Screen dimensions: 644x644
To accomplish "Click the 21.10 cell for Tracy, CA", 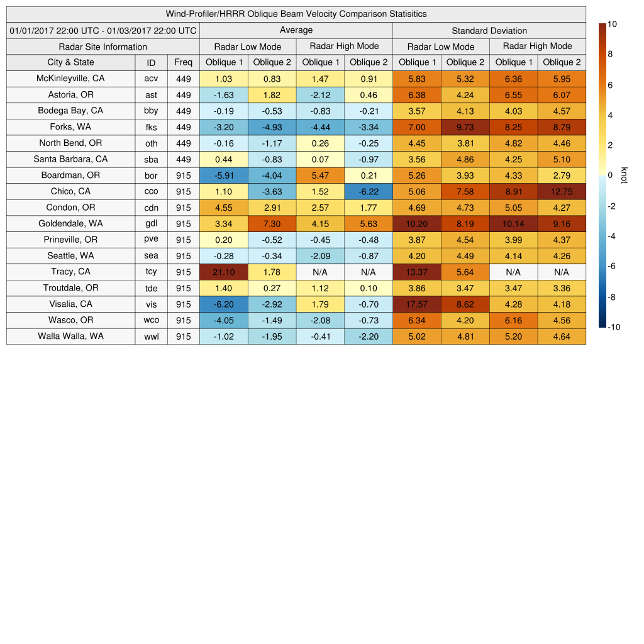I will pos(223,272).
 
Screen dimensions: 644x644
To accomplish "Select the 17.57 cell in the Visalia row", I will pos(416,304).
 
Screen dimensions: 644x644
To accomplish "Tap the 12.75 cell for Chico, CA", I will pos(562,192).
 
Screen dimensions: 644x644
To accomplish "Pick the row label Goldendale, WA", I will pos(70,223).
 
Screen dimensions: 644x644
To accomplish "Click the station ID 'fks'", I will pos(151,127).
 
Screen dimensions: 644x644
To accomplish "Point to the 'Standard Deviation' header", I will pos(489,31).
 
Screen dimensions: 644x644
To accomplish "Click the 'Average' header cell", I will pos(296,30).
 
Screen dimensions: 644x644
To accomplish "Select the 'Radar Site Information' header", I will pos(103,47).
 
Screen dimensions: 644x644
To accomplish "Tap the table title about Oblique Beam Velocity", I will pos(296,14).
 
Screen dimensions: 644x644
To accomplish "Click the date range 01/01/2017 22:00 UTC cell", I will pos(103,30).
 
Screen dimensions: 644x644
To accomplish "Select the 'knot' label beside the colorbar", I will pos(624,175).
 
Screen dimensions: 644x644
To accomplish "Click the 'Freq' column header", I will pos(183,62).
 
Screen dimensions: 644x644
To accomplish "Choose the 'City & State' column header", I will pos(70,62).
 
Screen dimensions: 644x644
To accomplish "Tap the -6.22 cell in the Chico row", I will pos(369,192).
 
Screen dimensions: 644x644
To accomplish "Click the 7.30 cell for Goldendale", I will pos(272,224).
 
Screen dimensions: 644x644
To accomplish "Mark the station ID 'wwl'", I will pos(151,336).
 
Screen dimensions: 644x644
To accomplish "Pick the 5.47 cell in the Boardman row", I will pos(320,175).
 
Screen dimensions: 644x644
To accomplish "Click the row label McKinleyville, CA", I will pos(70,79).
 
